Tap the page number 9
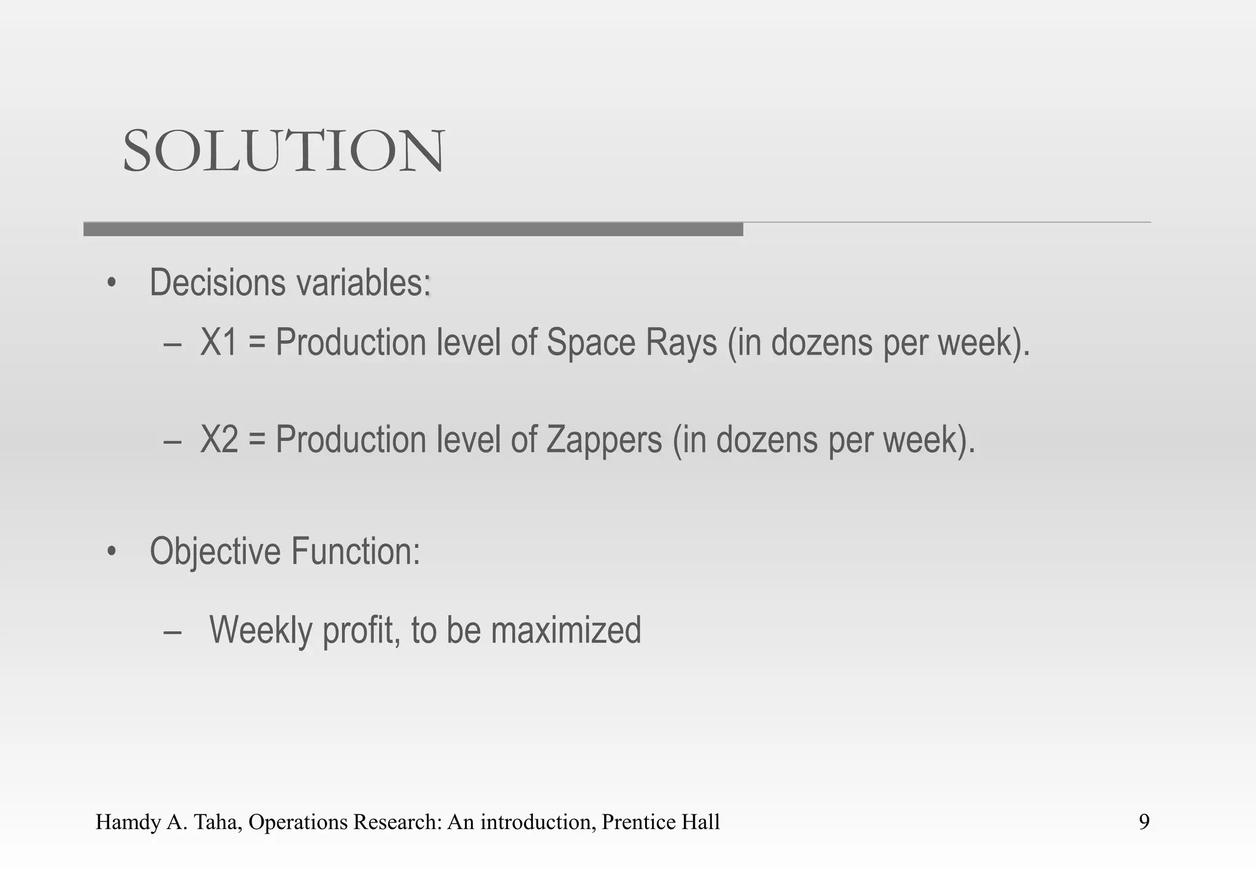1144,822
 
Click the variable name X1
219,342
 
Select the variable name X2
219,439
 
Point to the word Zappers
604,441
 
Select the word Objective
215,552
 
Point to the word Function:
356,551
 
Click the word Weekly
260,630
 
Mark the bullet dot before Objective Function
111,552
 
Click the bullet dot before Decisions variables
111,283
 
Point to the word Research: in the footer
385,822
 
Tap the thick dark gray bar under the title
413,229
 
